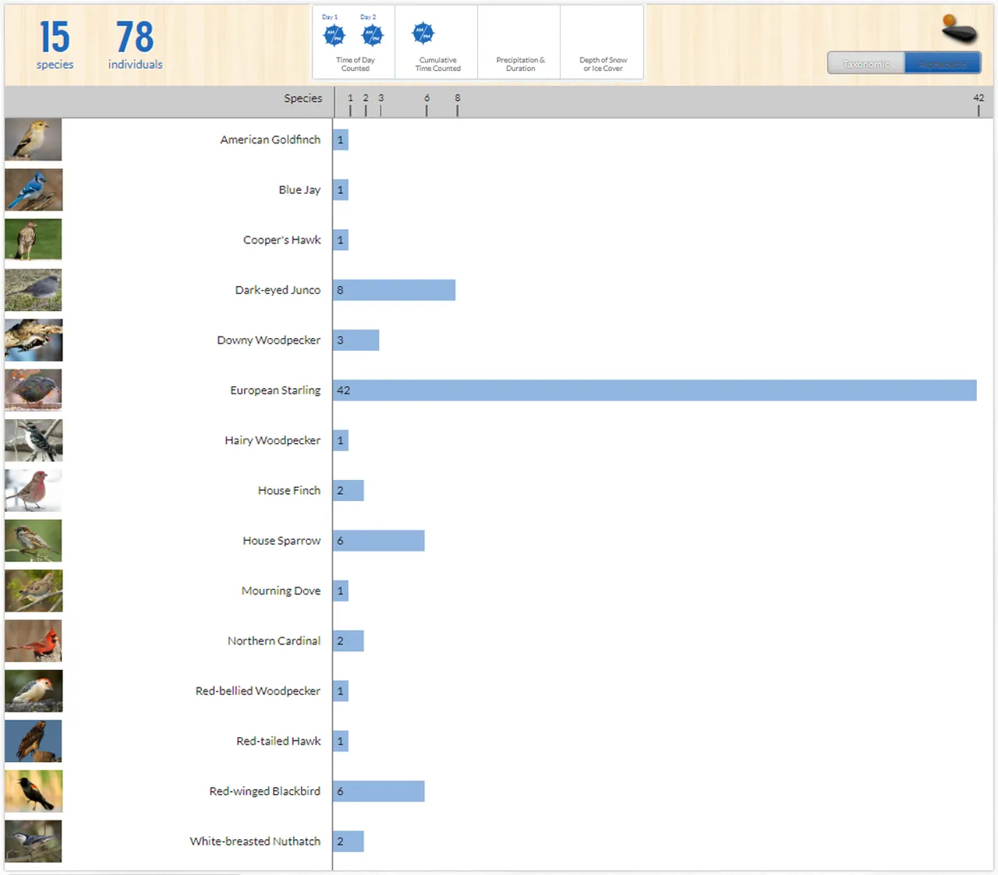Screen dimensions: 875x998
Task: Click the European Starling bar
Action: pyautogui.click(x=654, y=390)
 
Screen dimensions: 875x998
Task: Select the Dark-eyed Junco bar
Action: pyautogui.click(x=394, y=290)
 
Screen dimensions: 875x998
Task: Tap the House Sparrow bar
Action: pyautogui.click(x=378, y=541)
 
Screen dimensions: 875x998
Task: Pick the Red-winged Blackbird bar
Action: pyautogui.click(x=378, y=792)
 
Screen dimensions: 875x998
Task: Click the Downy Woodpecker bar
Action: pyautogui.click(x=356, y=340)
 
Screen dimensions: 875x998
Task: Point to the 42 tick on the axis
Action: pyautogui.click(x=979, y=98)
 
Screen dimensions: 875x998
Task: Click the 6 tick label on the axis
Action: pyautogui.click(x=426, y=98)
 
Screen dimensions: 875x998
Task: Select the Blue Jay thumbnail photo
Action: pyautogui.click(x=34, y=190)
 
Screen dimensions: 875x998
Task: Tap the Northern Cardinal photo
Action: pyautogui.click(x=34, y=641)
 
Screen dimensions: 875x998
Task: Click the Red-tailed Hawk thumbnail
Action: pyautogui.click(x=34, y=741)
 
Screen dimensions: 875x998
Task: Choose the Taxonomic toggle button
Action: pyautogui.click(x=865, y=64)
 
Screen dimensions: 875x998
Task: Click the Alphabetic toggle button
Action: pyautogui.click(x=942, y=64)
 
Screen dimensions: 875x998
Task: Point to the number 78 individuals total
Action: pyautogui.click(x=135, y=37)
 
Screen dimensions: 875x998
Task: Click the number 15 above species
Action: pyautogui.click(x=55, y=37)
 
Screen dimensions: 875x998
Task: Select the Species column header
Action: pyautogui.click(x=303, y=98)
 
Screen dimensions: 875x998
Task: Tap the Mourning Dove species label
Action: pyautogui.click(x=281, y=591)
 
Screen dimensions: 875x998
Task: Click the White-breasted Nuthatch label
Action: pyautogui.click(x=255, y=841)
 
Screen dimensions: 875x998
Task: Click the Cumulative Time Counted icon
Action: pyautogui.click(x=423, y=34)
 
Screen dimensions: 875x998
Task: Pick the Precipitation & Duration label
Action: pyautogui.click(x=520, y=64)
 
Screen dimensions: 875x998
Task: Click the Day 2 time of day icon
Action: pyautogui.click(x=372, y=35)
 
